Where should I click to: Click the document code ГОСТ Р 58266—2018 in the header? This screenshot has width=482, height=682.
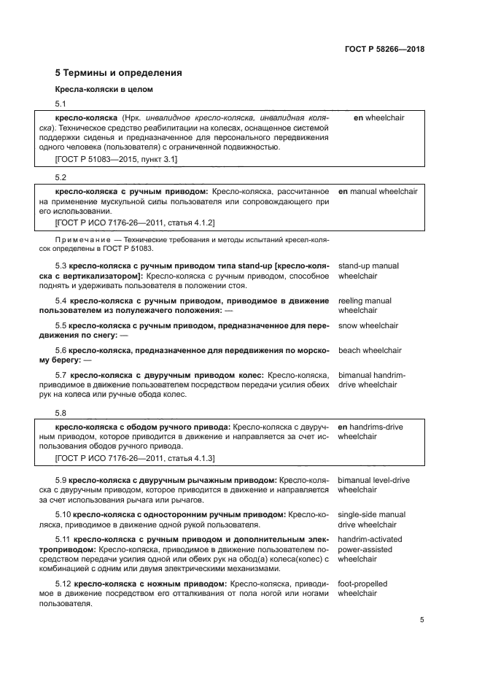384,50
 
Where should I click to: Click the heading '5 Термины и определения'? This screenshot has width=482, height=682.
119,73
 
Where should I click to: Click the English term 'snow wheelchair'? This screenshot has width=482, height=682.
368,325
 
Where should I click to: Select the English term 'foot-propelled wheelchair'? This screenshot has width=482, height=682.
362,589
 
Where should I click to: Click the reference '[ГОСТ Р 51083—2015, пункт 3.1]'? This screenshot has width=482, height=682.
116,158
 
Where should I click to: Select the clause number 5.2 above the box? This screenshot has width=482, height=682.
61,177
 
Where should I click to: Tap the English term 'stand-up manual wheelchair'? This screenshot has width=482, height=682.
368,271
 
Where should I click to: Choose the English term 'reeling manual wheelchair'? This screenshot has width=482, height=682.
365,306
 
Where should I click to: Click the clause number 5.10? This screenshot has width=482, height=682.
63,514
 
